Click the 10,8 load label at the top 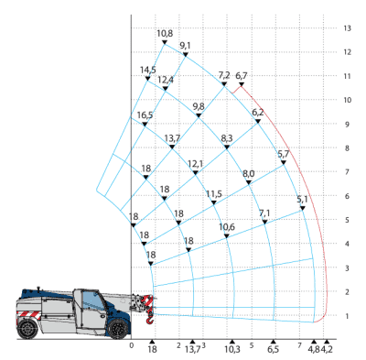click(165, 35)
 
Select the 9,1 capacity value click(186, 46)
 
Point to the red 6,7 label click(242, 76)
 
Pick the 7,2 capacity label click(224, 75)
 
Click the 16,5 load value click(145, 115)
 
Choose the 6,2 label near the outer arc click(258, 113)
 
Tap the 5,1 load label click(303, 200)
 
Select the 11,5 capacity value click(214, 194)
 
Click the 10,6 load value click(227, 227)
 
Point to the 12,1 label click(196, 165)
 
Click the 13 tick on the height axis click(348, 28)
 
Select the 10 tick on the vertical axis click(348, 100)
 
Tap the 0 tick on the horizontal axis click(132, 345)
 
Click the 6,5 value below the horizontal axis click(272, 350)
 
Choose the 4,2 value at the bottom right click(328, 350)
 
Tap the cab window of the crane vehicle click(90, 300)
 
